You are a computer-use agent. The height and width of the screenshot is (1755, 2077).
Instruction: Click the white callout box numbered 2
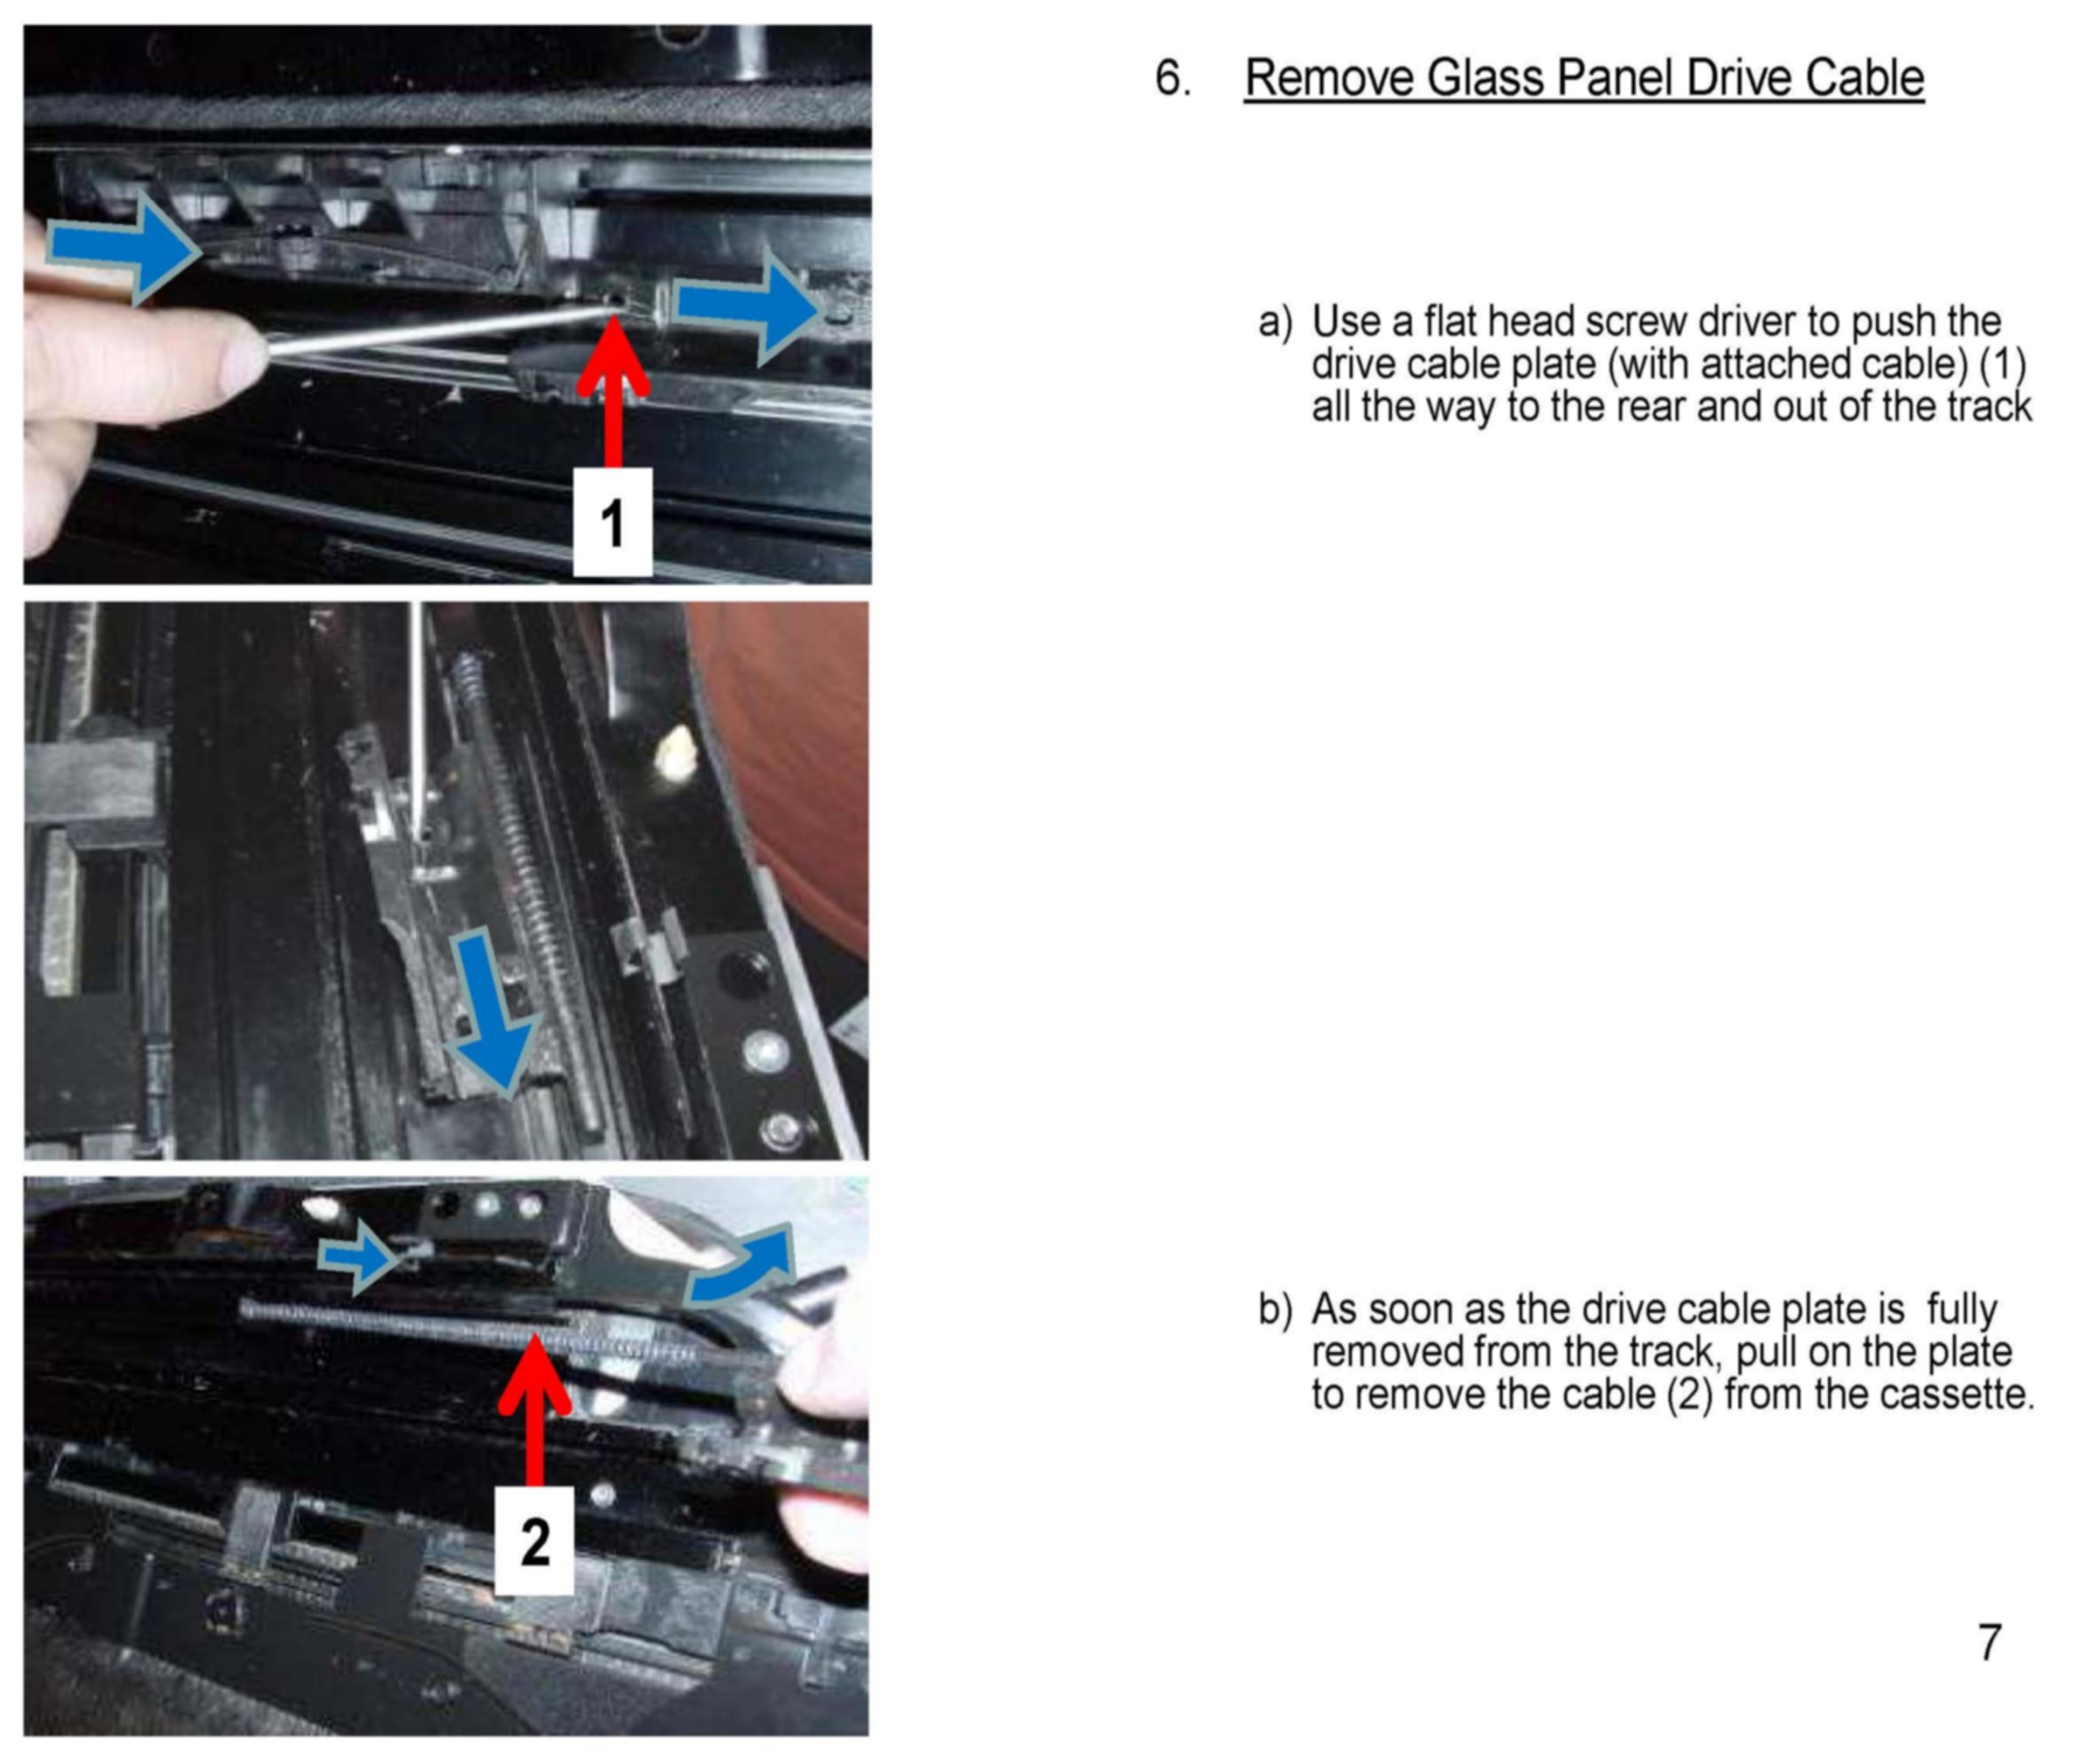click(534, 1541)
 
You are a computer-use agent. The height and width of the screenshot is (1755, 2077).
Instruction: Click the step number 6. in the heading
click(1173, 78)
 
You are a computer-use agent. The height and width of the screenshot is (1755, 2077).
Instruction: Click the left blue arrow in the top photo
click(123, 248)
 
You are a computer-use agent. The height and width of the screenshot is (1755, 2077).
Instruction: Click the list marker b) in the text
click(1275, 1309)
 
